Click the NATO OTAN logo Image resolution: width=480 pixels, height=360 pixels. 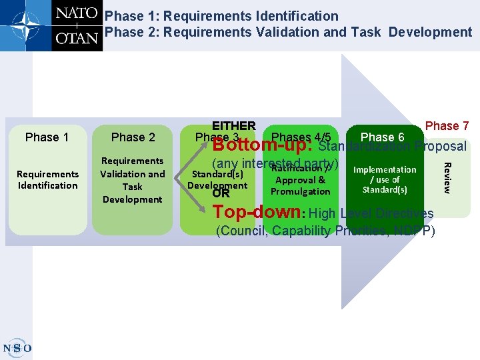51,25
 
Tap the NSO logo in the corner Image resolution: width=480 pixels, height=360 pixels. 17,347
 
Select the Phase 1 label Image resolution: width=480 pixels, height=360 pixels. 47,137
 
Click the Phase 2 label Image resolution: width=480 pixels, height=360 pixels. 133,137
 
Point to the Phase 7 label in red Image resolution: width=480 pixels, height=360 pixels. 447,126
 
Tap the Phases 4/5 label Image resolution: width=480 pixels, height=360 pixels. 301,137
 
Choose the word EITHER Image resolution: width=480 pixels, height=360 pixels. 233,126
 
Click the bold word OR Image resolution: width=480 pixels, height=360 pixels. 220,193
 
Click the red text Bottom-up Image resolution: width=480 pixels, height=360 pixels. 263,145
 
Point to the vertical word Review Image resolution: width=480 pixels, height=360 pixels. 447,178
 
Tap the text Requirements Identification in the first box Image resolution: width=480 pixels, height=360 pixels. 47,179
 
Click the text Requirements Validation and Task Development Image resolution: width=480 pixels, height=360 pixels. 133,180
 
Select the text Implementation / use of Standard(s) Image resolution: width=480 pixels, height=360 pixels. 385,179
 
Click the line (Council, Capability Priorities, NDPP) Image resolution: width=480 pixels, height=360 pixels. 325,231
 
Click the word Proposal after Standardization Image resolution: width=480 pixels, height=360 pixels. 440,146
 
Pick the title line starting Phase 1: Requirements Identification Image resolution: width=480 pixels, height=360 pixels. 221,15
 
